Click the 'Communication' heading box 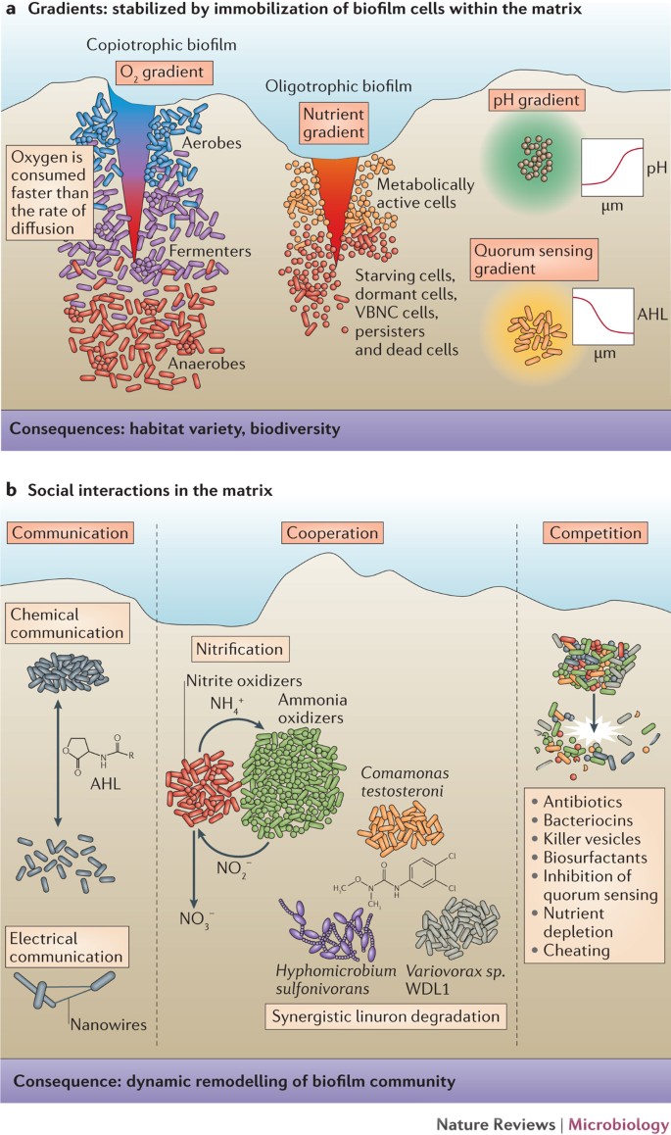click(x=80, y=533)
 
